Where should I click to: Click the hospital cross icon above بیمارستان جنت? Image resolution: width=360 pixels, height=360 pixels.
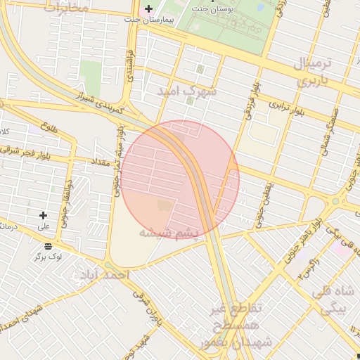[x=148, y=9]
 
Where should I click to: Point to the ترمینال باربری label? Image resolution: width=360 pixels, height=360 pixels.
[x=320, y=72]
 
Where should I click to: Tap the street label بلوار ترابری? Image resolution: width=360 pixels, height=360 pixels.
[x=289, y=108]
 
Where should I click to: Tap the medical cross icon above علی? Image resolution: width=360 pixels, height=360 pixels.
[x=44, y=215]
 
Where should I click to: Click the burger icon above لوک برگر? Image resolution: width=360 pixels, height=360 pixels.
[x=48, y=246]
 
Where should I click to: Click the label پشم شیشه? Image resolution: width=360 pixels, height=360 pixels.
[x=169, y=233]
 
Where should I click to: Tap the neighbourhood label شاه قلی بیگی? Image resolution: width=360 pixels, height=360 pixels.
[x=337, y=300]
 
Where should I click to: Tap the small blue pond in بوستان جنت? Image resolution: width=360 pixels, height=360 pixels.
[x=261, y=7]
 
